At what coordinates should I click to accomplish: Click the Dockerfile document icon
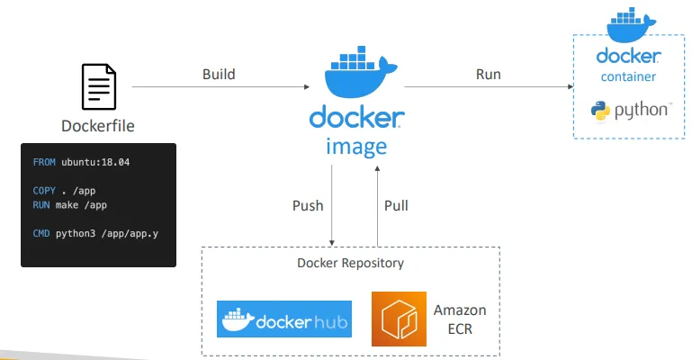(x=99, y=87)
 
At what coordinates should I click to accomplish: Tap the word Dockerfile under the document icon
(x=98, y=126)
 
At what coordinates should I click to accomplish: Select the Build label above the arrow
(x=219, y=74)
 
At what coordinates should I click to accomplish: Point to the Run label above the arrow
(x=488, y=74)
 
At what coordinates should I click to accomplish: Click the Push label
(x=308, y=205)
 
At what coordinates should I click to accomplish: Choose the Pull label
(x=396, y=205)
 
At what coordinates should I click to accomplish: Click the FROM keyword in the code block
(x=44, y=162)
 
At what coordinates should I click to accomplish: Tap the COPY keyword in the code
(x=44, y=191)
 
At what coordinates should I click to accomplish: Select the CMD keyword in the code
(x=41, y=233)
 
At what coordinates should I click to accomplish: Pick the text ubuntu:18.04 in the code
(x=95, y=162)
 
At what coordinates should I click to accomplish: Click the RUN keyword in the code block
(x=41, y=205)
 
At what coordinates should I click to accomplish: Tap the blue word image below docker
(x=356, y=148)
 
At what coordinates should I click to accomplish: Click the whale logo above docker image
(x=361, y=72)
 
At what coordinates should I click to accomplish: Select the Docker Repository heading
(x=350, y=264)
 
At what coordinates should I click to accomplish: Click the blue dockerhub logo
(x=284, y=319)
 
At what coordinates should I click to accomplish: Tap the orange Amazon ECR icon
(x=399, y=319)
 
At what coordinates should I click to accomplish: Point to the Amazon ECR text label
(x=460, y=319)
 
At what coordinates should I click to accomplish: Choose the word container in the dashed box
(x=628, y=76)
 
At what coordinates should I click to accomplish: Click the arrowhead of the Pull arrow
(x=377, y=168)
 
